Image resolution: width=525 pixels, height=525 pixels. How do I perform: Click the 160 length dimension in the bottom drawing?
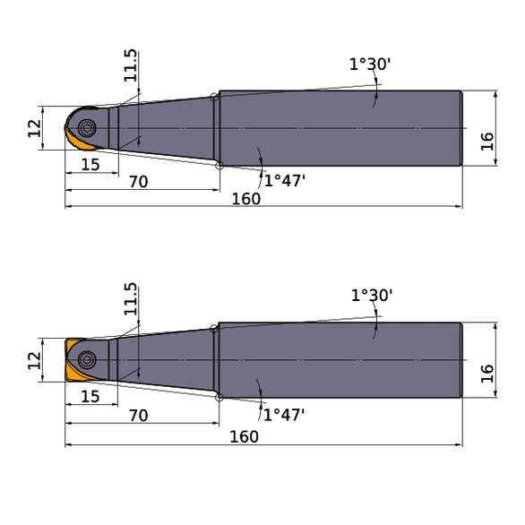click(x=244, y=436)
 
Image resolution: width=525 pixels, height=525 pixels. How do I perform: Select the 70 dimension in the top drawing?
click(x=138, y=182)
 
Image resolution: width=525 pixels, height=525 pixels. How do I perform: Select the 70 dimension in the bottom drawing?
click(x=138, y=417)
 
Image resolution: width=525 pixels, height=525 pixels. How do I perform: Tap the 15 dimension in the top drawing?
click(x=90, y=164)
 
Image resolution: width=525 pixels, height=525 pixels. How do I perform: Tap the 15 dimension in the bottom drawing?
click(x=90, y=396)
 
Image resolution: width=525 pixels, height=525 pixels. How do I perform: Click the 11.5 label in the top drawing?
click(x=132, y=66)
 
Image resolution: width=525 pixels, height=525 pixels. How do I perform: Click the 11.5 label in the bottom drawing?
click(x=132, y=299)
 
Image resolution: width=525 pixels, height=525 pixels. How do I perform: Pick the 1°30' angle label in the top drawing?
click(x=370, y=64)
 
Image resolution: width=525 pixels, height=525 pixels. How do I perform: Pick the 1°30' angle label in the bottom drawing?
click(x=372, y=296)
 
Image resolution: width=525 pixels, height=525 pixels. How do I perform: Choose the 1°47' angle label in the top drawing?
click(x=285, y=180)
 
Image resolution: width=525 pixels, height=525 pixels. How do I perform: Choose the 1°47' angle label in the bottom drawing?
click(x=285, y=414)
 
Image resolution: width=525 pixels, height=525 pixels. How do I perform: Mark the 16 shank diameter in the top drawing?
click(x=487, y=141)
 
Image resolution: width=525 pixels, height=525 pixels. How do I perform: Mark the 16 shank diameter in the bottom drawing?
click(x=487, y=372)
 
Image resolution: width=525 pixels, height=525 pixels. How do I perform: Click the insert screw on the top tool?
click(x=88, y=126)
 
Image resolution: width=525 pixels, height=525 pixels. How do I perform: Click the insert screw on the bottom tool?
click(x=87, y=359)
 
